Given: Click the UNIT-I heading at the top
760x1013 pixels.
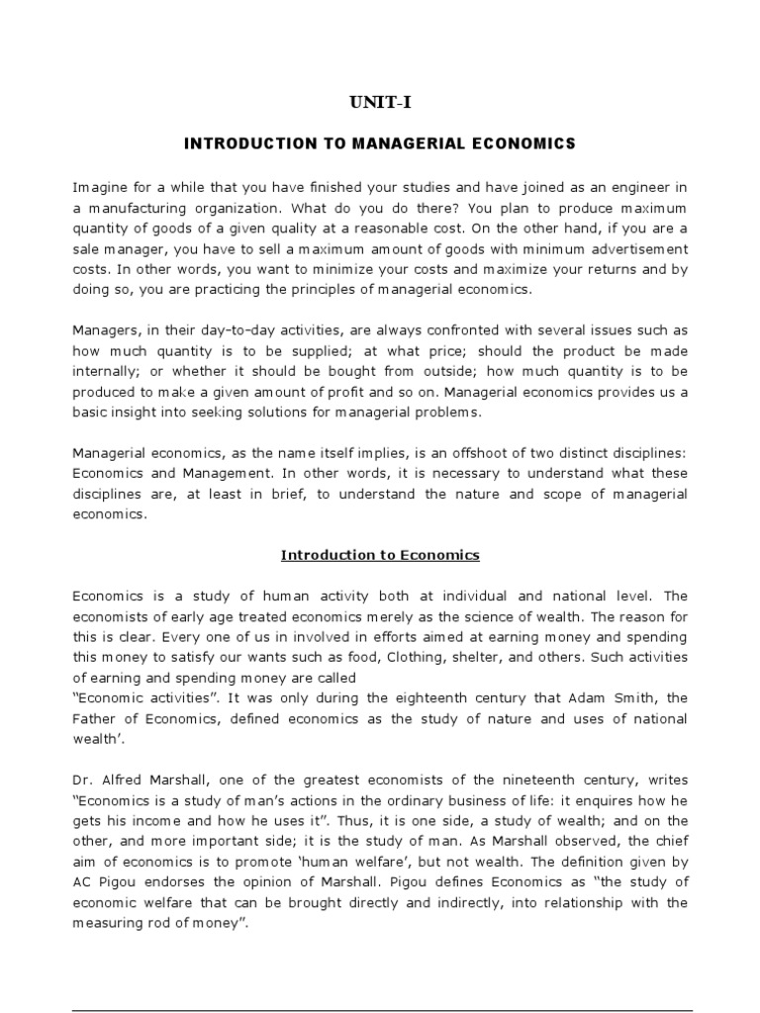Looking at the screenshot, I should (380, 102).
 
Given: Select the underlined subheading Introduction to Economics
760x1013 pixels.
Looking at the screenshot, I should (380, 555).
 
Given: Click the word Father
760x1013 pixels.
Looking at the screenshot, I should (96, 719).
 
